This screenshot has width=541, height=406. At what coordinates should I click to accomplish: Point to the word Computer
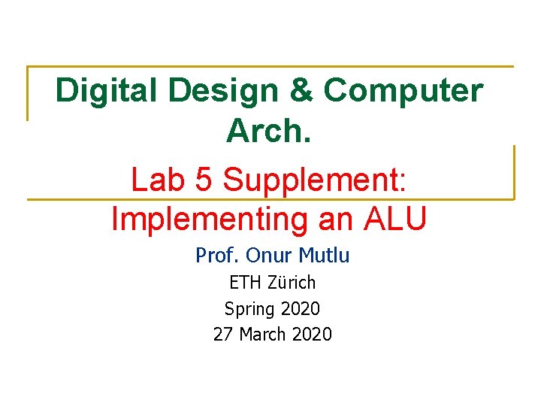(x=403, y=91)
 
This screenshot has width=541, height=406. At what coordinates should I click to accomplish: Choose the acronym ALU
(x=396, y=220)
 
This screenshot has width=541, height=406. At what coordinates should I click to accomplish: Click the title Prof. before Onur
(x=216, y=256)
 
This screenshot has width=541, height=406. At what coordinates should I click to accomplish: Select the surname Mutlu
(x=324, y=256)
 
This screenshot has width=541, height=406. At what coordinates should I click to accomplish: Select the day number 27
(x=223, y=334)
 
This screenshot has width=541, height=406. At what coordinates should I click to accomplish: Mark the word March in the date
(x=264, y=334)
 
